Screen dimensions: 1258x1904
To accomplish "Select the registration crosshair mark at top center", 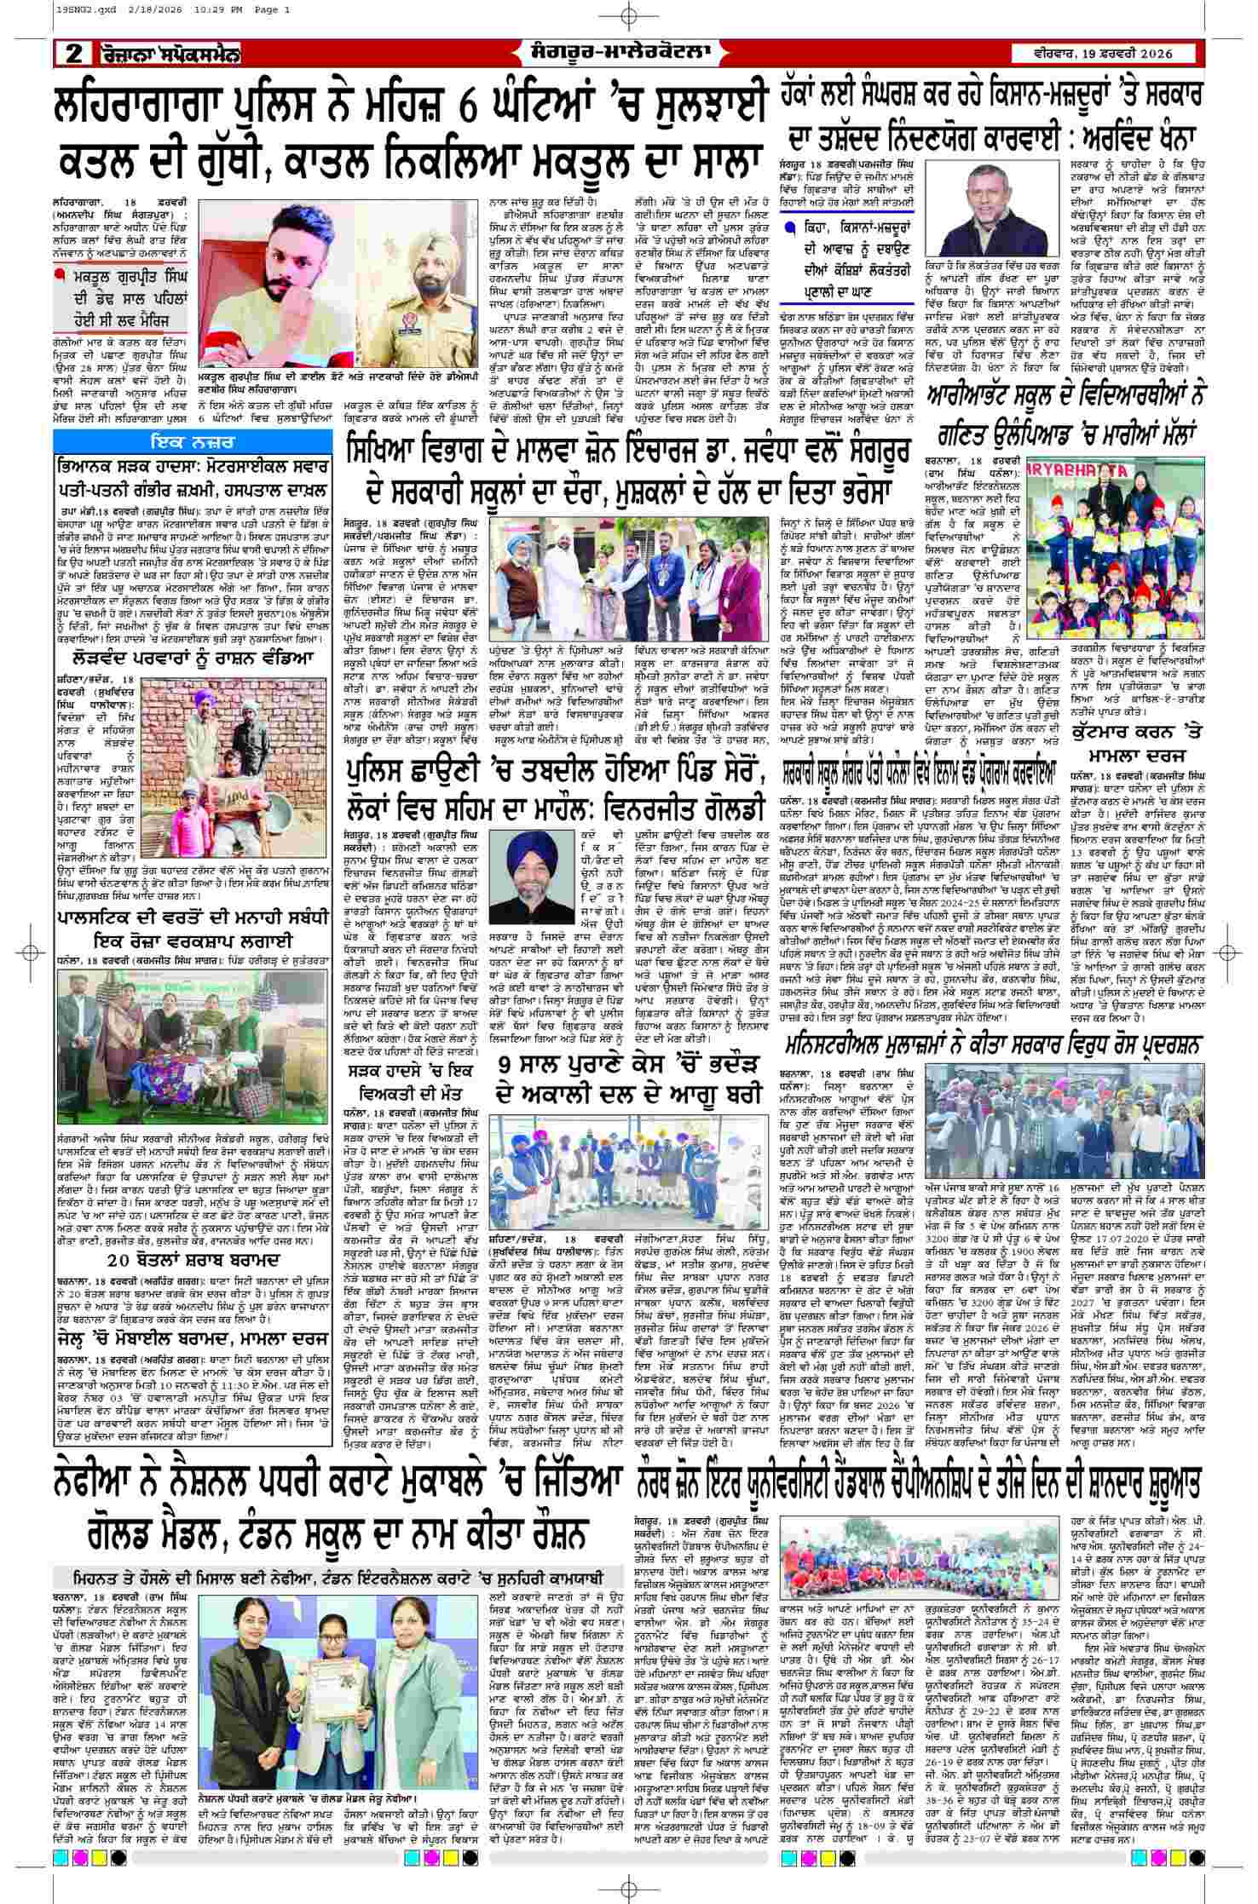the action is pos(629,16).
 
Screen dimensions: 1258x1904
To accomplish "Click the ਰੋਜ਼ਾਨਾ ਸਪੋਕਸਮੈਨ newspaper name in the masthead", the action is pos(170,55).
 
